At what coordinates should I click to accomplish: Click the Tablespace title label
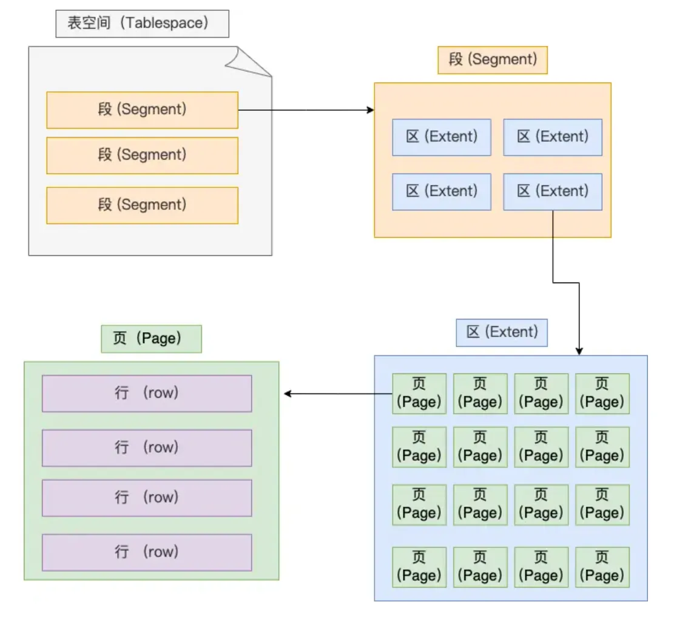click(142, 24)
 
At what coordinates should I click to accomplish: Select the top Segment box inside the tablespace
click(142, 110)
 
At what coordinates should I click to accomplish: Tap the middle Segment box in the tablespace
click(142, 155)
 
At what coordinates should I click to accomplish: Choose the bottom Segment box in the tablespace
click(142, 205)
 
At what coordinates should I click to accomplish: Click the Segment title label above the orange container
click(492, 60)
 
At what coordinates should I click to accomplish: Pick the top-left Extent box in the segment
click(441, 137)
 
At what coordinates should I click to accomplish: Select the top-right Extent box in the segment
click(552, 137)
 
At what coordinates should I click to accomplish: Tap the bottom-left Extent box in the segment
click(441, 192)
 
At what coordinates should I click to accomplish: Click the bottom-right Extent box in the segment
click(552, 192)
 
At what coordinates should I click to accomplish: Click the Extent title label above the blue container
click(501, 332)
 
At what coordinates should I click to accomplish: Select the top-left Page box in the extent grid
click(419, 393)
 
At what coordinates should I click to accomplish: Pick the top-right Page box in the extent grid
click(602, 393)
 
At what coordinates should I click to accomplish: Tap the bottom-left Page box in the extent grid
click(419, 567)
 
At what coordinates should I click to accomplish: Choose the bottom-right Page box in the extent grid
click(602, 567)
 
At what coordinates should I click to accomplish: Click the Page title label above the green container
click(150, 339)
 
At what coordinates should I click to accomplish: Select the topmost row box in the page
click(146, 393)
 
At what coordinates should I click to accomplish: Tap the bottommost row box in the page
click(146, 552)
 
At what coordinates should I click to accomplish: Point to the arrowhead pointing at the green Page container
click(288, 394)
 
